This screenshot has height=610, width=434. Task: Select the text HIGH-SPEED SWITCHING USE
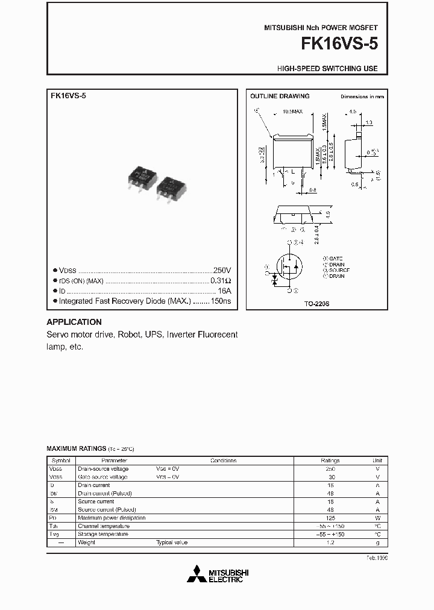coord(327,69)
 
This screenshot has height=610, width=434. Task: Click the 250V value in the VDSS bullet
coord(222,271)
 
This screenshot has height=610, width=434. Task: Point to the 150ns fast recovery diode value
coord(221,300)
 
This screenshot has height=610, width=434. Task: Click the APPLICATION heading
coord(74,322)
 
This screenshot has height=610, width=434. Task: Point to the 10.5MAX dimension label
coord(292,112)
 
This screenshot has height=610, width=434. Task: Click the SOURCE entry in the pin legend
coord(339,270)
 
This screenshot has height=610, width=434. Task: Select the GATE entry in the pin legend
coord(335,258)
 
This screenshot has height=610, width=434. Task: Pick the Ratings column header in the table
coord(330,460)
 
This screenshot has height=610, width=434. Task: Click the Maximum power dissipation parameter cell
coord(112,518)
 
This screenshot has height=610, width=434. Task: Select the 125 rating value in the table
coord(330,518)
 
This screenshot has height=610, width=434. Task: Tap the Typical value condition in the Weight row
coord(172,542)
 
